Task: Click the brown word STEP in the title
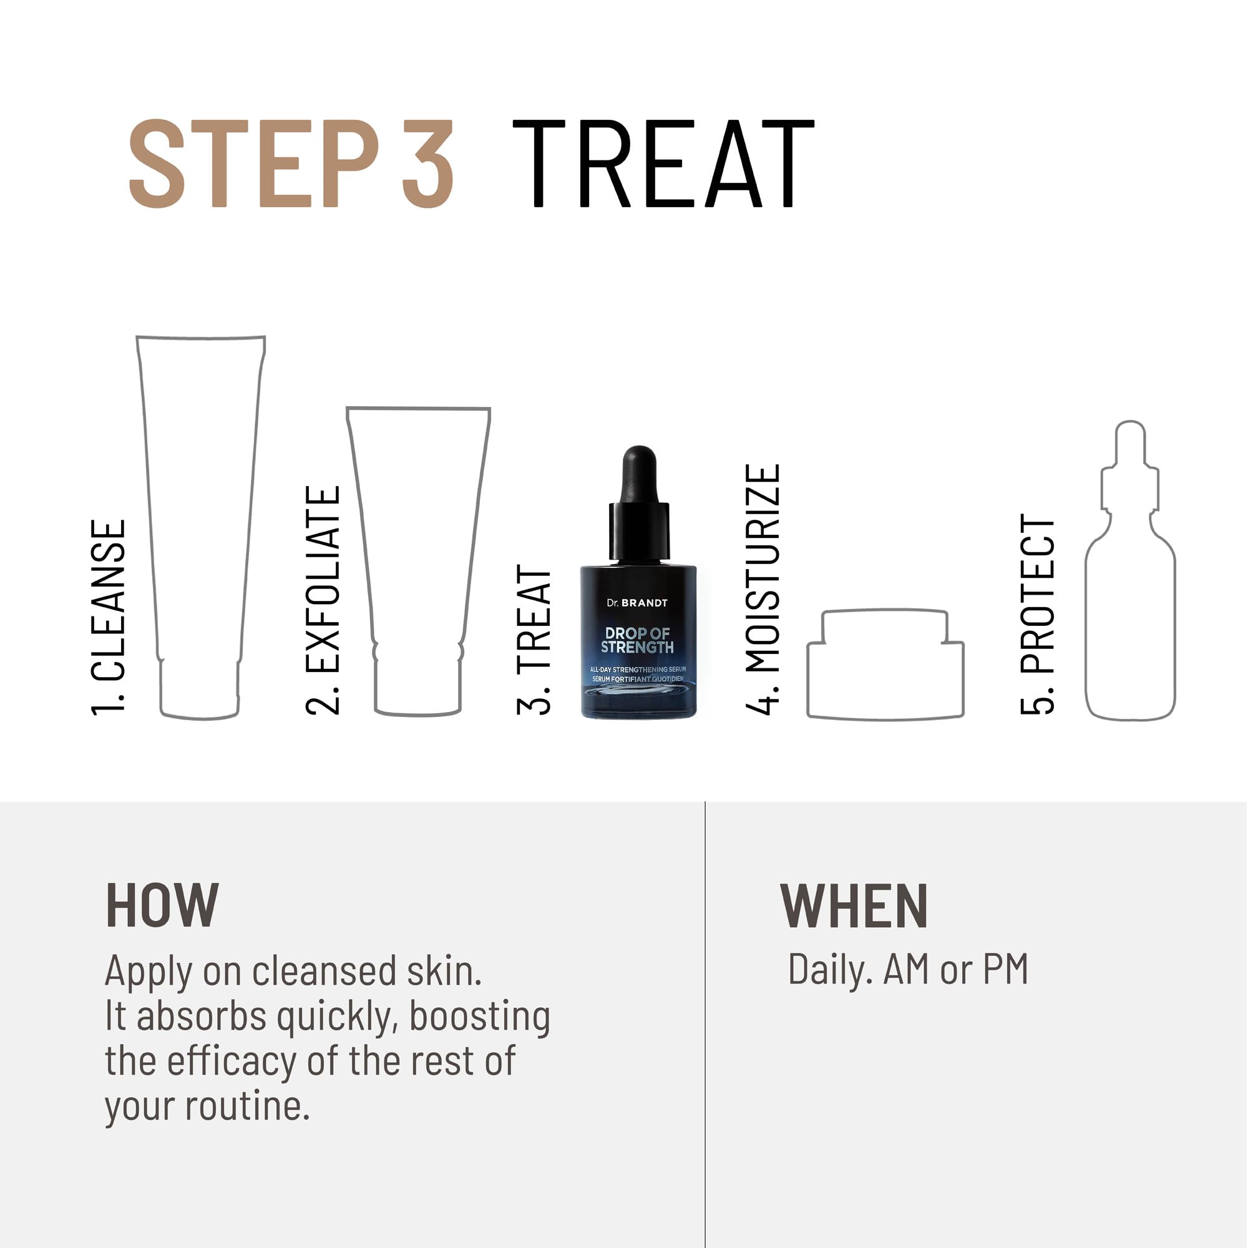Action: click(253, 164)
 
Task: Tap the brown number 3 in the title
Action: click(427, 164)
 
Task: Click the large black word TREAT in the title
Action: click(663, 164)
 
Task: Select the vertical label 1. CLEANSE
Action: click(109, 617)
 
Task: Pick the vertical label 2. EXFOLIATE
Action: click(323, 600)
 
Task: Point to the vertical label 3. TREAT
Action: click(534, 639)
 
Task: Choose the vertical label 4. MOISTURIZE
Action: click(763, 589)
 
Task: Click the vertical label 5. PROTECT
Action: click(1038, 614)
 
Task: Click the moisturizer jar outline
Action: click(885, 665)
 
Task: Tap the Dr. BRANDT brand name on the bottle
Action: click(637, 603)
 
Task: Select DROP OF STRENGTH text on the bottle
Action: click(637, 640)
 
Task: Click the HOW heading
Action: click(162, 906)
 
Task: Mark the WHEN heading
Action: click(854, 906)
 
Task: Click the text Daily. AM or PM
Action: click(907, 970)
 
